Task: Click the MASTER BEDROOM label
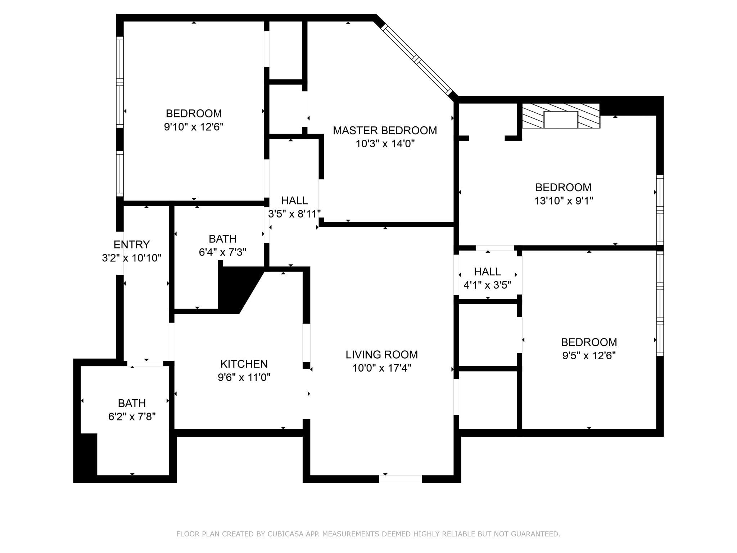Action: [385, 130]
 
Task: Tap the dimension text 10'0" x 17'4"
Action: [382, 368]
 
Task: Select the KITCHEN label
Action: [244, 364]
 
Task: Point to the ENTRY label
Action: [131, 244]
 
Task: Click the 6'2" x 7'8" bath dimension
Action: [132, 417]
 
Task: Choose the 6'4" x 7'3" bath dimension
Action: [222, 252]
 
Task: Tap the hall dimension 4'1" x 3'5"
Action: [487, 285]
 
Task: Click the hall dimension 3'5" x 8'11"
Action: [294, 214]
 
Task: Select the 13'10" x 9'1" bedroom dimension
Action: [563, 201]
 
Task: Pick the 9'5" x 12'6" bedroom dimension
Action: [589, 355]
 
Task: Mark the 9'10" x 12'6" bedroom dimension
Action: [194, 127]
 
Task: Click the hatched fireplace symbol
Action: [561, 116]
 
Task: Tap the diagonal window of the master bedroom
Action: [416, 59]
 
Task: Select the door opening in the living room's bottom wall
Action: [400, 479]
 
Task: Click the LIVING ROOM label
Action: [382, 355]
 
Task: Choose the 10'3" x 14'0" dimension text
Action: [385, 144]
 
